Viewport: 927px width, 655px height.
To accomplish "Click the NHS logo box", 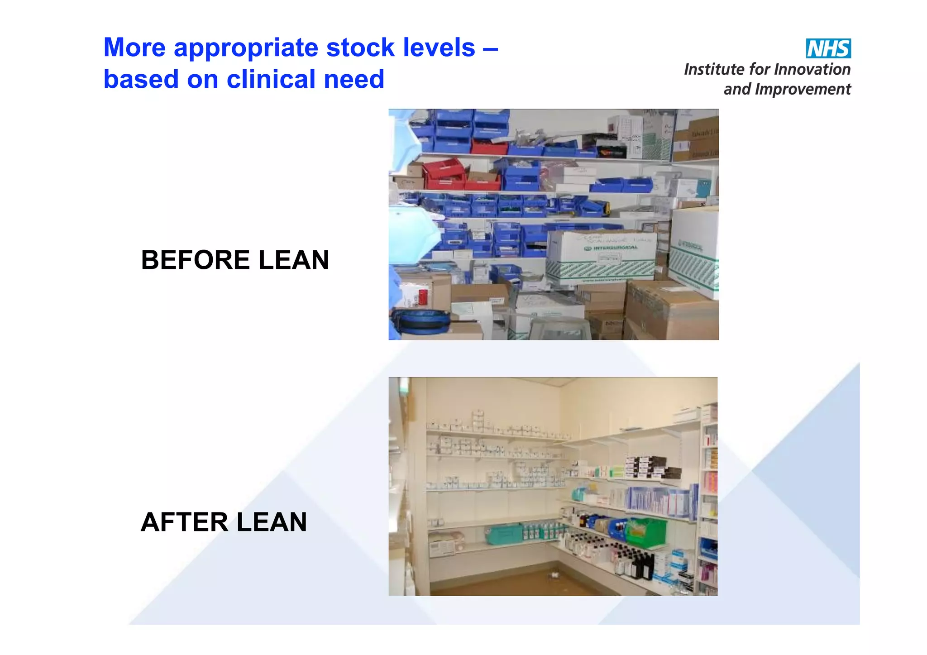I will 828,48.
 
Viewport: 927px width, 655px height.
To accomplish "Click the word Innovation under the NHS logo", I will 812,70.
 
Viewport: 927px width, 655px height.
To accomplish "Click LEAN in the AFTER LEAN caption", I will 272,522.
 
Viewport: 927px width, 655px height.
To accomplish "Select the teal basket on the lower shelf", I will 503,534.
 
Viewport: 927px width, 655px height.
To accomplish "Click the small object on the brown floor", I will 553,575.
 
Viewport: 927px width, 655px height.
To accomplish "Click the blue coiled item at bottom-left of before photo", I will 420,320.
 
